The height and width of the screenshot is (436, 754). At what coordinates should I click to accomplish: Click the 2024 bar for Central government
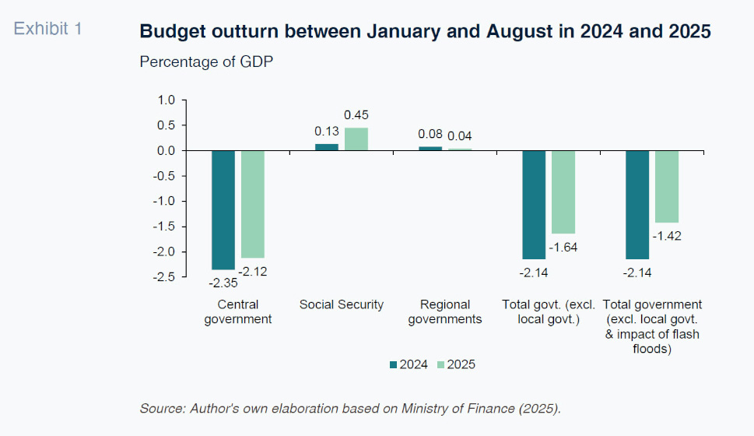223,209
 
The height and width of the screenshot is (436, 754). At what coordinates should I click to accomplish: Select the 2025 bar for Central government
253,204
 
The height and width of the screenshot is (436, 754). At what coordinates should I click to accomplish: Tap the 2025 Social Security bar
356,139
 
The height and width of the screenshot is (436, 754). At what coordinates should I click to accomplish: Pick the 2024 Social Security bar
327,147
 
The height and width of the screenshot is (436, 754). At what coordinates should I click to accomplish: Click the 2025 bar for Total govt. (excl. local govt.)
563,192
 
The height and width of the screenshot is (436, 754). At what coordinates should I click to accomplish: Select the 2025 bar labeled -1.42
667,186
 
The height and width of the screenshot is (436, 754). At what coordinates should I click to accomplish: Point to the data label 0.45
356,115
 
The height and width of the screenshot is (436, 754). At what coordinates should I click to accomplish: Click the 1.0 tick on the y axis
167,100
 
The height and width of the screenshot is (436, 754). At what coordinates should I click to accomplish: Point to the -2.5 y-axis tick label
165,276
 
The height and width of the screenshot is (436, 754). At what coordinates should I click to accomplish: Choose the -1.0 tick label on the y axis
165,201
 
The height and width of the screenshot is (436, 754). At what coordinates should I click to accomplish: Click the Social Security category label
342,304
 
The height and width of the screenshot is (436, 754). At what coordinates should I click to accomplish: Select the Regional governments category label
445,311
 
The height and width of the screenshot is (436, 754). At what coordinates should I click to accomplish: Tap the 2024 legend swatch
394,364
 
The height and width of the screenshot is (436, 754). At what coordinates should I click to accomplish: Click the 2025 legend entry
455,364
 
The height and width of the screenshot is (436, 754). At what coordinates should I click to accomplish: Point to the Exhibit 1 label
48,30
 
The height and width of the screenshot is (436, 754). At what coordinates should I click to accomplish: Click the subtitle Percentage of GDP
206,62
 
